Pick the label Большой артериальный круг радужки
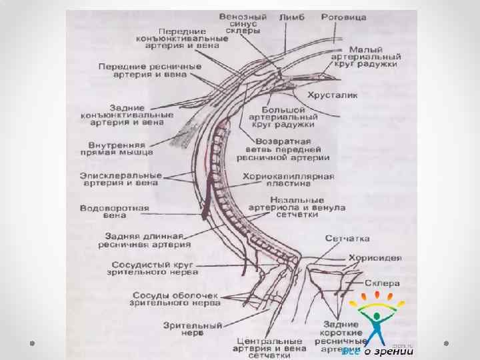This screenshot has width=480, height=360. pyautogui.click(x=283, y=117)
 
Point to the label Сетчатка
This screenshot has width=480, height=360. pyautogui.click(x=347, y=238)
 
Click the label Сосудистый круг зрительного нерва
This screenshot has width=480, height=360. pyautogui.click(x=154, y=268)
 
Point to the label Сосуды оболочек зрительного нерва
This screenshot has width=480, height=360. pyautogui.click(x=176, y=298)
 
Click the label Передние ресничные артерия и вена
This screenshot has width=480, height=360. pyautogui.click(x=142, y=71)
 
